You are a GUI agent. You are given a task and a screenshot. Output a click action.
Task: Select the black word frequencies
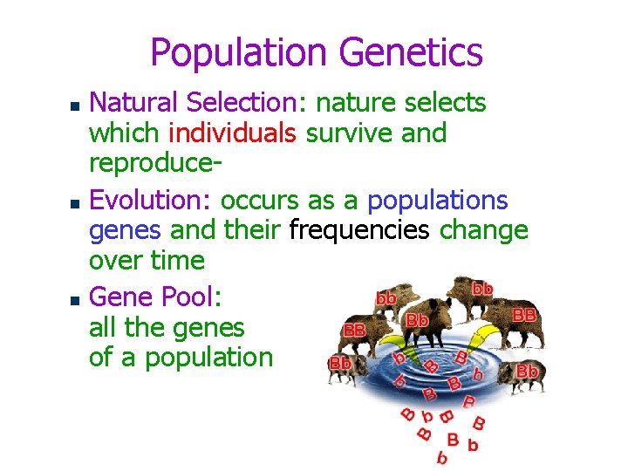tap(359, 230)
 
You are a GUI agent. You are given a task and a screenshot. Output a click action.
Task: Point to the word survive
tap(361, 133)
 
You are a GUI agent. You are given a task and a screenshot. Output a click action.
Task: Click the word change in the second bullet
tap(484, 230)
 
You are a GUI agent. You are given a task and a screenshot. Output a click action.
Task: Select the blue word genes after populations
tap(125, 230)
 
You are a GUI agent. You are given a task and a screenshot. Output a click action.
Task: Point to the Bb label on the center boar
tap(417, 320)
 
